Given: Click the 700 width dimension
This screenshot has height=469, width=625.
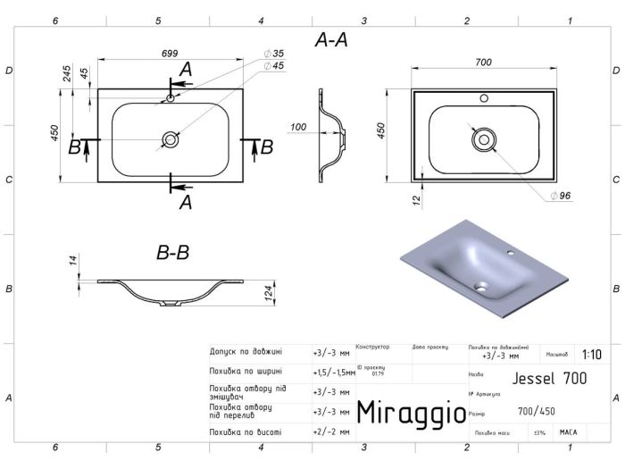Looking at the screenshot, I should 483,62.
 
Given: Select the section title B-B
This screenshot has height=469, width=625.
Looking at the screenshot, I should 172,254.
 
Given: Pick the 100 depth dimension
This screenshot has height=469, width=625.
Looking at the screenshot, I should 298,127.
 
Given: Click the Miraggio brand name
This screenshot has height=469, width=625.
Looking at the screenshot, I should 410,413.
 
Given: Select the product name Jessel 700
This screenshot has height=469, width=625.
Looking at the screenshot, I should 550,378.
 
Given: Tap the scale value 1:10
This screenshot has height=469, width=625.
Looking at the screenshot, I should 591,353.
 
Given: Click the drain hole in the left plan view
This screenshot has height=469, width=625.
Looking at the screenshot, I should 170,139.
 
